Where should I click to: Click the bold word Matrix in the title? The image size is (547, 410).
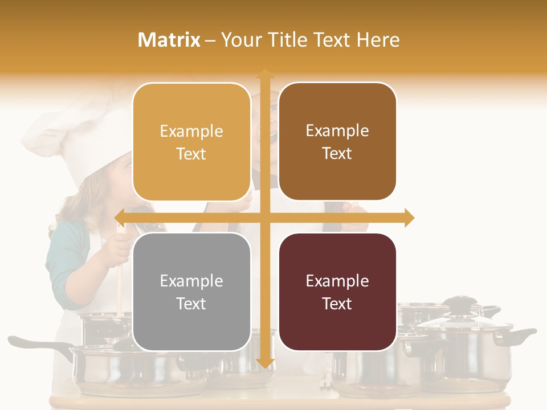[x=169, y=40]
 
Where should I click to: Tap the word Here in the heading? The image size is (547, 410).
[x=378, y=40]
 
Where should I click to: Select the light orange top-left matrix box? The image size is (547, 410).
[x=191, y=142]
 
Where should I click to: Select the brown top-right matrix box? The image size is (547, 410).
[x=337, y=142]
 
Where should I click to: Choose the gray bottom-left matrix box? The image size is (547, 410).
[x=191, y=292]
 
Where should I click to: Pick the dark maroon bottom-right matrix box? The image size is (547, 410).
[x=337, y=292]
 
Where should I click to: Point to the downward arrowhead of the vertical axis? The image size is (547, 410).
[x=265, y=363]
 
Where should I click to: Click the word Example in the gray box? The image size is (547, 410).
[x=191, y=281]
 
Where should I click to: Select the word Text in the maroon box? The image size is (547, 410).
[x=337, y=304]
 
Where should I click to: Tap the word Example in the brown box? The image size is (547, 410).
[x=337, y=131]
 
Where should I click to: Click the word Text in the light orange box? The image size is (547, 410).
[x=191, y=154]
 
